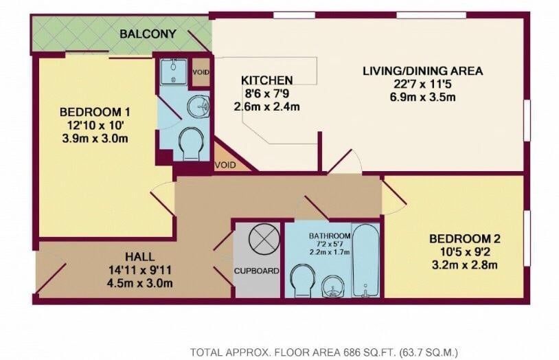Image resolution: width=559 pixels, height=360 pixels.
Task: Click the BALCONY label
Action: pos(148,34)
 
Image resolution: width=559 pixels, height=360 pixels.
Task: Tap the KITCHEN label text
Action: pos(266,80)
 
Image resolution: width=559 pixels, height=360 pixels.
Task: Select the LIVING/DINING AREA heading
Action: pos(423,71)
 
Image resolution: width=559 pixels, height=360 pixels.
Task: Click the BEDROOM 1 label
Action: pos(95,112)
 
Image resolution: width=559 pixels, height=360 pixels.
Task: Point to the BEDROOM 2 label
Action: pos(464,238)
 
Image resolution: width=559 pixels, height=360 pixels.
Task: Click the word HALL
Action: pos(140,256)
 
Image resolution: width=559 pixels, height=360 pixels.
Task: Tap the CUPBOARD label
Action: pos(257,271)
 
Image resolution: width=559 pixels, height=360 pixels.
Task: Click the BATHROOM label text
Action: pos(330,236)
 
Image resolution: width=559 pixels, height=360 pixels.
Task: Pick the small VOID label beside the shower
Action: pos(201,72)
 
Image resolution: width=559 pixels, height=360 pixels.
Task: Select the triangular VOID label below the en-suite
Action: pos(225,165)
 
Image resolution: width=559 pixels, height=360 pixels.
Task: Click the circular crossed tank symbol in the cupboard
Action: pos(264,238)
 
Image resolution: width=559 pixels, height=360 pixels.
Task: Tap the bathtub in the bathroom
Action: pos(365,260)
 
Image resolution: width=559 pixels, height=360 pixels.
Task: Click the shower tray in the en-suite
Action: pos(173,71)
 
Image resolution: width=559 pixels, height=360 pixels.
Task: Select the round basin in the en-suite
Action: pos(198,106)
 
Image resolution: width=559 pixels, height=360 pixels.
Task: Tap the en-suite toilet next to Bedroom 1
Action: pos(191,144)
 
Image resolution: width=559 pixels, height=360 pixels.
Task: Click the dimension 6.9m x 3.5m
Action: pos(423,97)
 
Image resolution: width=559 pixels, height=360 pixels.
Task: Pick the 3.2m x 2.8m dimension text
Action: pos(464,265)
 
